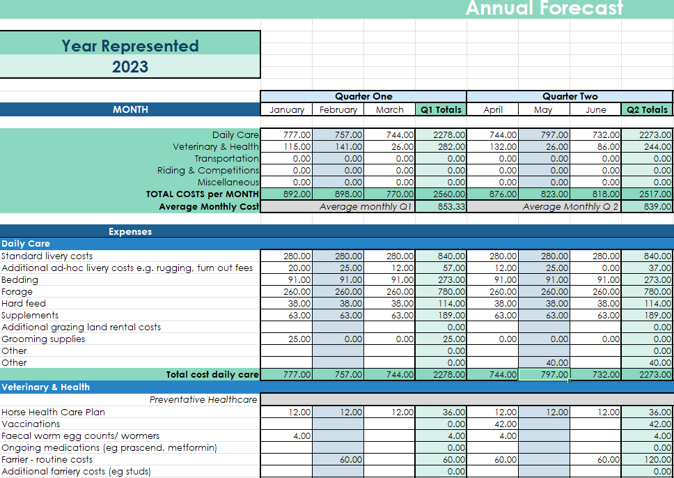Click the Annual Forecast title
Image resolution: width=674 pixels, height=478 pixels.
click(x=544, y=8)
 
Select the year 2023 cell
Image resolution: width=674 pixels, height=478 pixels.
click(x=130, y=66)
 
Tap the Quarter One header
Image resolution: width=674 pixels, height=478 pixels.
click(x=363, y=97)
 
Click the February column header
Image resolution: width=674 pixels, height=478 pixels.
click(x=338, y=109)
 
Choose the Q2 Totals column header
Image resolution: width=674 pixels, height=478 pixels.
click(x=647, y=109)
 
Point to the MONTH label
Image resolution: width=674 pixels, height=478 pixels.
click(x=130, y=109)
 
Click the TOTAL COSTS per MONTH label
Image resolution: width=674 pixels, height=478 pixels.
click(x=202, y=194)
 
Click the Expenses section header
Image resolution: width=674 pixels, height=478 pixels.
click(x=130, y=231)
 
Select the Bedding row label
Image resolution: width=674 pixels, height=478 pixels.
click(x=20, y=280)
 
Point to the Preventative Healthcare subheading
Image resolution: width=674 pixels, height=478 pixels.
click(x=203, y=400)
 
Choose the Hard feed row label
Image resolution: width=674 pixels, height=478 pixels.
click(x=24, y=304)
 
